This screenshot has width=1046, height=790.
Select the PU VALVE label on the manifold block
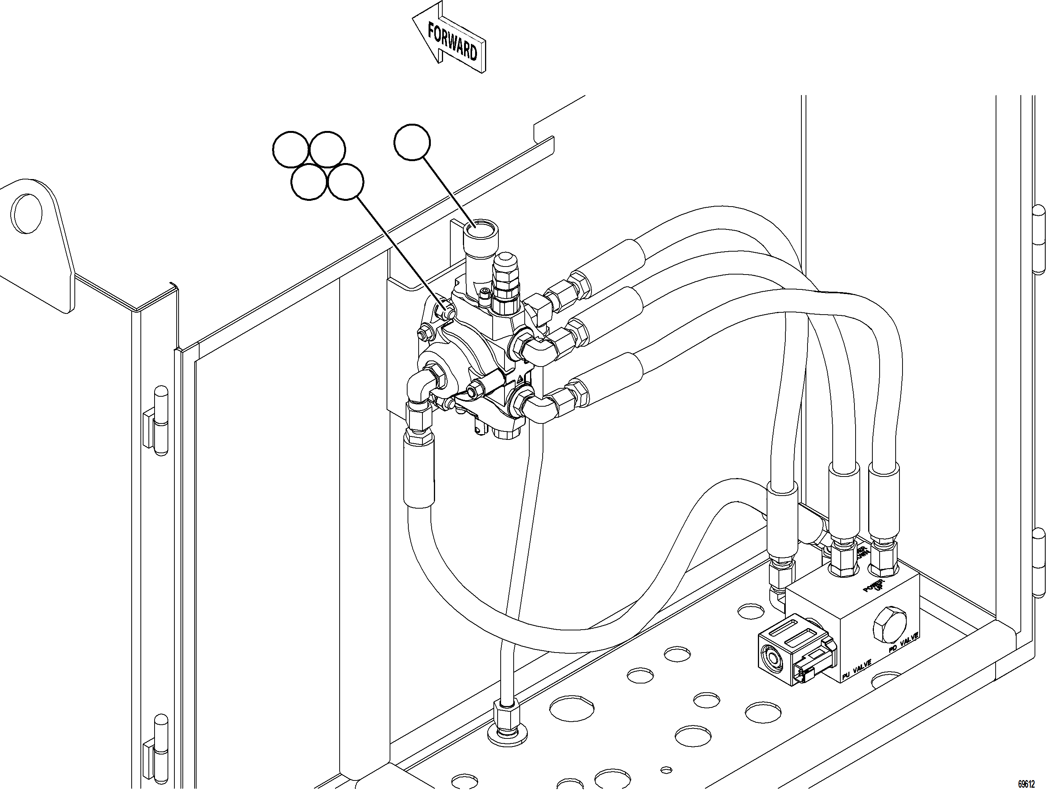pyautogui.click(x=856, y=671)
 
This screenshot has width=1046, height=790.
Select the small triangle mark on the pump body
pyautogui.click(x=519, y=380)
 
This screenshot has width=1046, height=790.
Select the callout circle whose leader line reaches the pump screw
pyautogui.click(x=346, y=182)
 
